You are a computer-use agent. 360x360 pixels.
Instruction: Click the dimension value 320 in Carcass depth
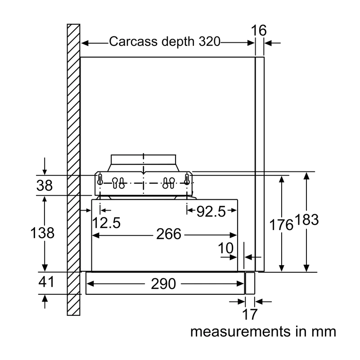click(x=209, y=41)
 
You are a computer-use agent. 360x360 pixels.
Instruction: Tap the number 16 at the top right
click(x=259, y=30)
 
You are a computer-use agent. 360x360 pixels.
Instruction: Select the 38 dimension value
click(x=45, y=185)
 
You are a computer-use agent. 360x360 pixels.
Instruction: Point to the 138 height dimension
click(x=42, y=233)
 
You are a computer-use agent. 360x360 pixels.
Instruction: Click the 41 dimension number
click(x=46, y=282)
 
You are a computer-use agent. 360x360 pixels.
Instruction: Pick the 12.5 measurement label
click(x=106, y=223)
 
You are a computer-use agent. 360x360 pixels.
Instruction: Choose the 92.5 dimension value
click(x=211, y=211)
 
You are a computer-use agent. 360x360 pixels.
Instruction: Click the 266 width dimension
click(x=169, y=234)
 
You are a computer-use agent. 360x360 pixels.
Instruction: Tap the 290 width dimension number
click(x=163, y=284)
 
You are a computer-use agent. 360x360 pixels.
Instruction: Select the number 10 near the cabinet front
click(x=226, y=248)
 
